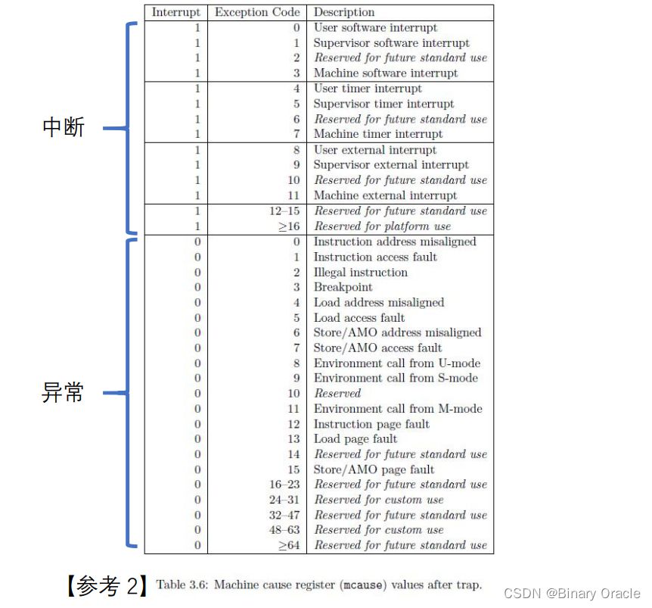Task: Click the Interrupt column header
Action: coord(176,12)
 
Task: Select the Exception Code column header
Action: coord(257,12)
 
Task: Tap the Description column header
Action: coord(344,12)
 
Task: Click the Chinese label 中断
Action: coord(64,127)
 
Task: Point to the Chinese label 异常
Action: coord(64,393)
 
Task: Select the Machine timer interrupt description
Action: coord(378,134)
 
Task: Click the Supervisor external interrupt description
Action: coord(391,164)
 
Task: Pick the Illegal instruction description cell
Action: coord(361,272)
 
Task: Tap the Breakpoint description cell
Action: coord(343,287)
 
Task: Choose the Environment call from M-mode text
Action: coord(398,408)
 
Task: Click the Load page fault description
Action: coord(355,438)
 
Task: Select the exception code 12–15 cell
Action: coord(287,210)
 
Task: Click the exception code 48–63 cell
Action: coord(287,530)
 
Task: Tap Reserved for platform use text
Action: coord(382,226)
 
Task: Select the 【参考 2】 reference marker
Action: coord(104,585)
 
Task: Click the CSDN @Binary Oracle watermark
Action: coord(572,594)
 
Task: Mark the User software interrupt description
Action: coord(375,27)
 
